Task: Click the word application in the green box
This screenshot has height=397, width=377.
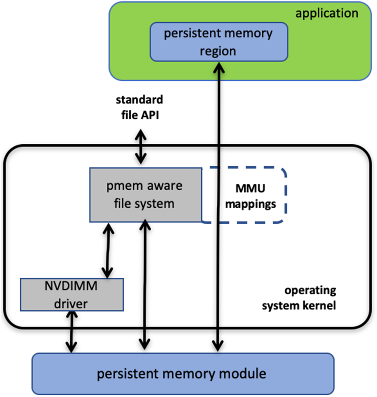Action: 327,13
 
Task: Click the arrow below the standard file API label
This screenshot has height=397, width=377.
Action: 141,148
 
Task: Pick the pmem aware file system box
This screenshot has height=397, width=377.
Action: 145,195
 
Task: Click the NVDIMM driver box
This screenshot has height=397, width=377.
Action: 72,294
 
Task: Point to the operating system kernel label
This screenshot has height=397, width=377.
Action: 299,298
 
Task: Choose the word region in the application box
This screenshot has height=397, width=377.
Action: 218,51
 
